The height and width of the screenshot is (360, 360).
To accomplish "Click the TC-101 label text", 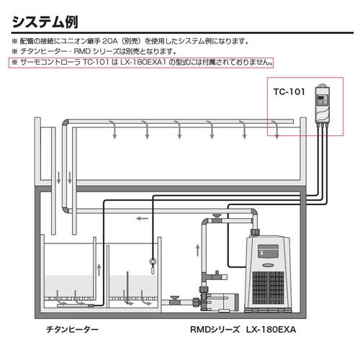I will (289, 91).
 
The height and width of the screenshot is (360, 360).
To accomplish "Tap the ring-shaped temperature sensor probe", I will (152, 264).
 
